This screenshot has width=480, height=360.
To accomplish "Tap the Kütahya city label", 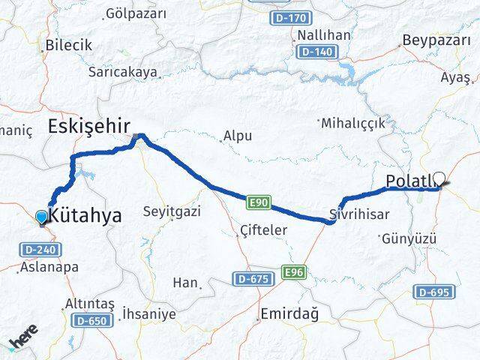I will (x=85, y=215).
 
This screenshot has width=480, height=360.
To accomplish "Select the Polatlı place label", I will (x=409, y=181).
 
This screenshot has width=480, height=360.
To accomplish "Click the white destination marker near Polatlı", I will (x=439, y=178).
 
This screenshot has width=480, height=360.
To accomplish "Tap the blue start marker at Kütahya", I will (x=41, y=217).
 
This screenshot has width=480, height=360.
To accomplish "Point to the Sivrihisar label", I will (x=360, y=214).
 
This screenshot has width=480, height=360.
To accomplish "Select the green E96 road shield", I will (x=294, y=272).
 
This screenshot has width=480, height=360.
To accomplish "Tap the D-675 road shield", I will (x=252, y=278).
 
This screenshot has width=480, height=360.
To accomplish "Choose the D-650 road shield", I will (x=92, y=320).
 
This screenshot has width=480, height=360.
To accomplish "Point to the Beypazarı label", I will (x=436, y=40).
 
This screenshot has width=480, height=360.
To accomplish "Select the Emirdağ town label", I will (x=289, y=314).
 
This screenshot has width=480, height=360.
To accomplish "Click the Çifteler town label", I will (x=262, y=230).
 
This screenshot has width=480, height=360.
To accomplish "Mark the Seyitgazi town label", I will (x=172, y=212).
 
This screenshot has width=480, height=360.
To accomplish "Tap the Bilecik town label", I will (x=68, y=45).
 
